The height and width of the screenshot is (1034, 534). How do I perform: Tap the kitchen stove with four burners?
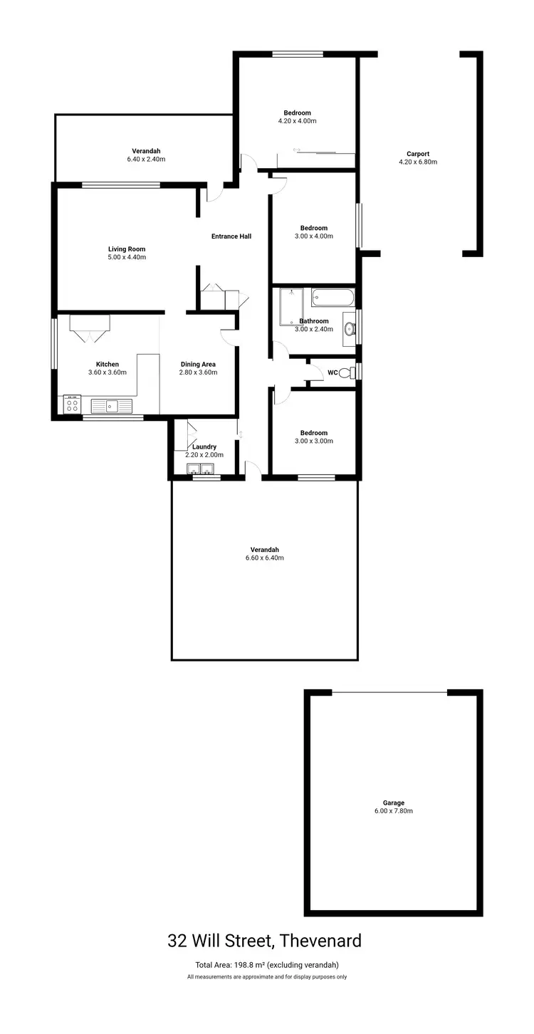point(72,405)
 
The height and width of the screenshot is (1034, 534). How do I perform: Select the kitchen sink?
point(112,406)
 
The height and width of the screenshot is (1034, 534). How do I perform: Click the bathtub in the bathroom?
point(332,298)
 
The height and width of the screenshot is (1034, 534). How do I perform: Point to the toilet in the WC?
point(346,372)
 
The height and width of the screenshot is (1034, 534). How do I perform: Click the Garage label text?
point(393,803)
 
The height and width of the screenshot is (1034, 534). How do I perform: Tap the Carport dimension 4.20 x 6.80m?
point(418,162)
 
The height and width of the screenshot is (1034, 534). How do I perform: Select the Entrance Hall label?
point(231,236)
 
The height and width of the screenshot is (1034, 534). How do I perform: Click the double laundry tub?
point(200,469)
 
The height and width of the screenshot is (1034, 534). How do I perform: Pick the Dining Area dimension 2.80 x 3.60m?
point(197,372)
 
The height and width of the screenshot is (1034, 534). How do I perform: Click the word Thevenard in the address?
point(320,941)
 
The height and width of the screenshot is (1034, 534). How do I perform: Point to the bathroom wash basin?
point(350,328)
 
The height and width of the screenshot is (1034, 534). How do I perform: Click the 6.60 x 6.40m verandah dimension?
point(264,558)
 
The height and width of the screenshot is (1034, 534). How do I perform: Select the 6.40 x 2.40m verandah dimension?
point(146,159)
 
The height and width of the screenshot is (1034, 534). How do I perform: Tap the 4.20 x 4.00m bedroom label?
point(297,121)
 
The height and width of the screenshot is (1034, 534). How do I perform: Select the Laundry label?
point(204,446)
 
